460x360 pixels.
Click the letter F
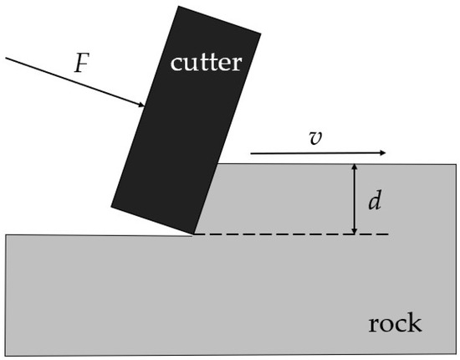point(81,64)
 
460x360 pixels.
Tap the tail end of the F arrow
point(6,58)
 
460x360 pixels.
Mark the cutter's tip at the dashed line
point(194,234)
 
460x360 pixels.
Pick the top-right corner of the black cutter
point(261,34)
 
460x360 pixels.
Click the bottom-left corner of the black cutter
point(112,205)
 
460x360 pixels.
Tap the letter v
point(314,138)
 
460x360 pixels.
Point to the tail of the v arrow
point(251,153)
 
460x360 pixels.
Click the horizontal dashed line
point(293,234)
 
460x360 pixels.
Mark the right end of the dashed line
point(389,234)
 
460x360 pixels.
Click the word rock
point(395,323)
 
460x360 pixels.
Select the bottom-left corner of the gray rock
point(7,355)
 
